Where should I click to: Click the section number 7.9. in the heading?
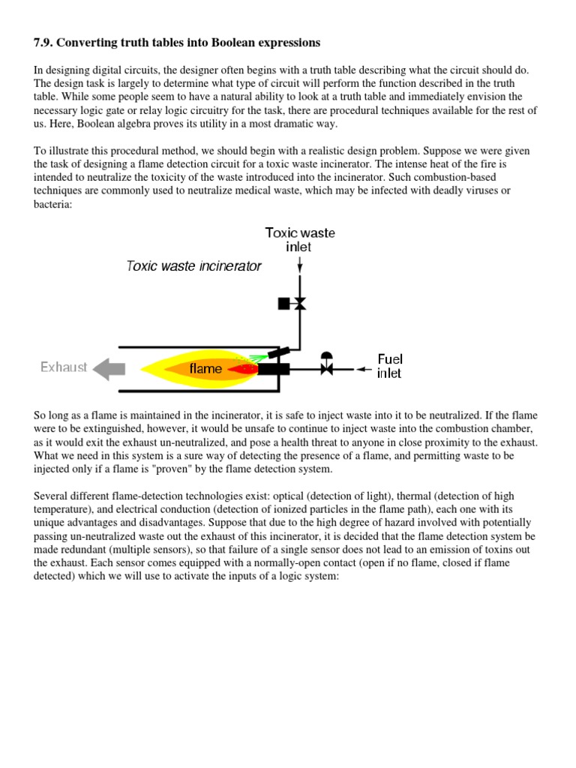point(46,42)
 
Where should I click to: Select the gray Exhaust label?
point(64,367)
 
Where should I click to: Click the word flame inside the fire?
point(205,368)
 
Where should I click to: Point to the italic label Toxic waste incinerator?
point(193,265)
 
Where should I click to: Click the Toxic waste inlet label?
point(300,239)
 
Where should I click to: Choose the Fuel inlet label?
point(390,366)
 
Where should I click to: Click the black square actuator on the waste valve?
point(283,304)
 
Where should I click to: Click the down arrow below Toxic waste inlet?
point(300,264)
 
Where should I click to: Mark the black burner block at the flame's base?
point(274,368)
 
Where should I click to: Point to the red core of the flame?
point(241,369)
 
